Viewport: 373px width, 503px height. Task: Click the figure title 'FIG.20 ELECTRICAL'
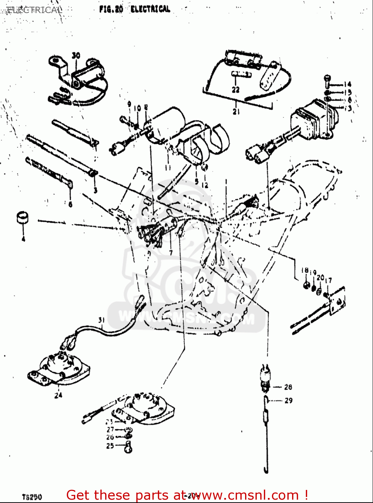135,9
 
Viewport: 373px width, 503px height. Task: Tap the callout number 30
76,55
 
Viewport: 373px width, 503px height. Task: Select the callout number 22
236,89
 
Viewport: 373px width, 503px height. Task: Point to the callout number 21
236,111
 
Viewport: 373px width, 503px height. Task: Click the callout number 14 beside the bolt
347,85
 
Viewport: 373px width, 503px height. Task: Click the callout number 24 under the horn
58,395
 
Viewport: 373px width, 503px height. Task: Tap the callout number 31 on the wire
102,320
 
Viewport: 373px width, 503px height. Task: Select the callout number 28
288,387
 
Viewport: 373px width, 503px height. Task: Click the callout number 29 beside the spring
288,400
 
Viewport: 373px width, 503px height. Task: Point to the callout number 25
110,446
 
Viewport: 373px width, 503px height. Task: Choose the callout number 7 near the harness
171,253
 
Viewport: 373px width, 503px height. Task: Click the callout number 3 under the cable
95,190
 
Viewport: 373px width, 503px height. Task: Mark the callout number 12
205,185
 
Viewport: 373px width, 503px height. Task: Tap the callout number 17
329,280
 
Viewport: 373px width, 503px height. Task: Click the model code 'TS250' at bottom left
32,497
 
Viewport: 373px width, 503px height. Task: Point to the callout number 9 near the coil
129,104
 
